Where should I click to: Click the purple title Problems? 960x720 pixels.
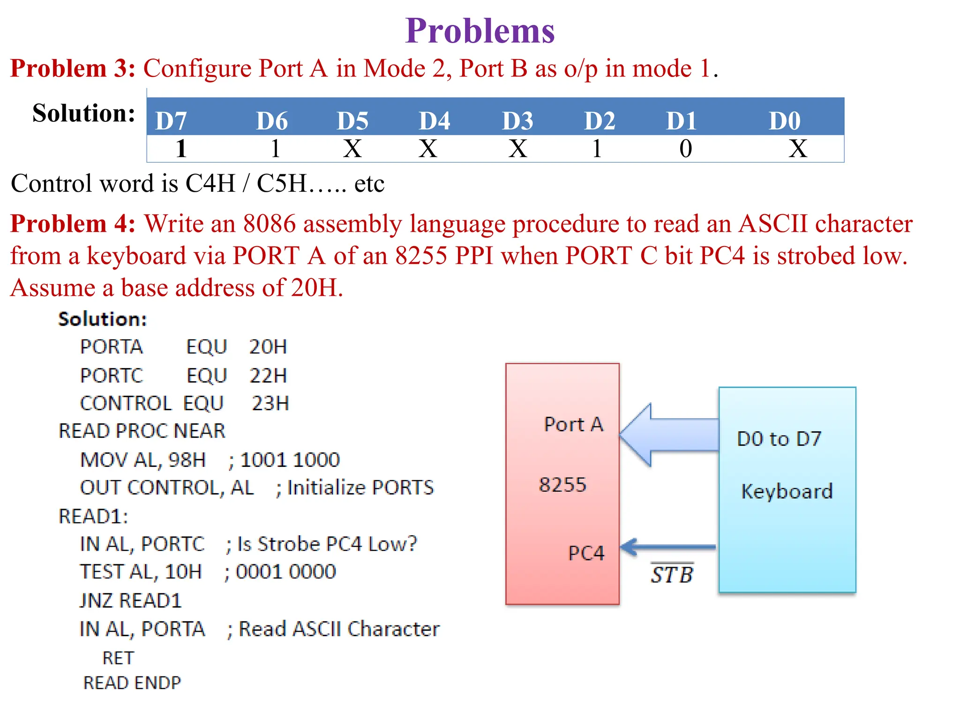tap(480, 31)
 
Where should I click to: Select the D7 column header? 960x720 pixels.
tap(171, 121)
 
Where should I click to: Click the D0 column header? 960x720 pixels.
tap(785, 121)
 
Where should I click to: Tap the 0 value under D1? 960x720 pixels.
tap(685, 149)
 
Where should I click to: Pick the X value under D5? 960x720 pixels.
tap(352, 149)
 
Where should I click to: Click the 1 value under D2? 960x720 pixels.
tap(596, 149)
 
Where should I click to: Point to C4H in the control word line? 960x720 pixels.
tap(210, 183)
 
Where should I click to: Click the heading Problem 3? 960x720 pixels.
tap(73, 68)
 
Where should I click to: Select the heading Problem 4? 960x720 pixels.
tap(73, 224)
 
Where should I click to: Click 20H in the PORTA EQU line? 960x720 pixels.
tap(268, 347)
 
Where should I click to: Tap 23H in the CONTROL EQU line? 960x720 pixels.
tap(270, 404)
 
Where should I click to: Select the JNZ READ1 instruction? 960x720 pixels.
tap(130, 601)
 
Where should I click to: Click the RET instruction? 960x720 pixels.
tap(118, 658)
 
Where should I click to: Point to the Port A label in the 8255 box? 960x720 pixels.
tap(573, 424)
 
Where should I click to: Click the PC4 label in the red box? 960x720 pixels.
tap(585, 553)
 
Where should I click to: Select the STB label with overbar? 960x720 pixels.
tap(671, 574)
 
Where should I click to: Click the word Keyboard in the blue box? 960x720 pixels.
tap(787, 491)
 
